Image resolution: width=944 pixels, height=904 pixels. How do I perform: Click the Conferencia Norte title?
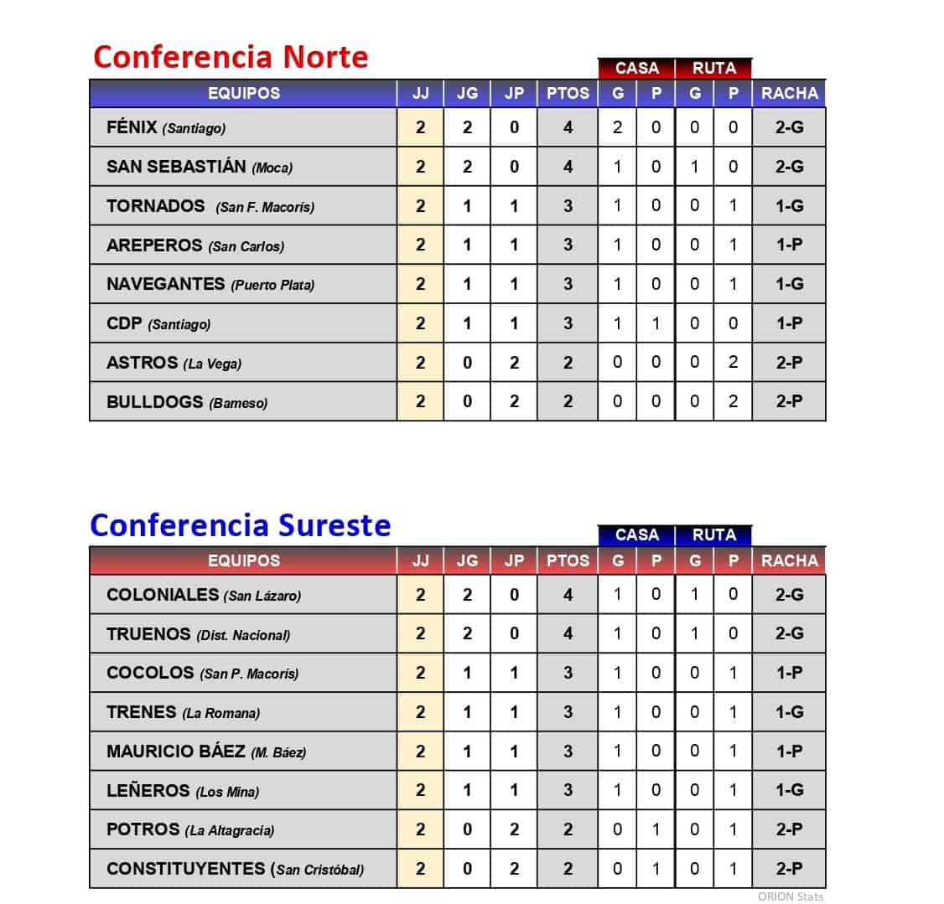231,57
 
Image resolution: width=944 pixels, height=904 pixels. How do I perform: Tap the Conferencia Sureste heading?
241,525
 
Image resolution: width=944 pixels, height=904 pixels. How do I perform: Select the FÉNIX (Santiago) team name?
166,127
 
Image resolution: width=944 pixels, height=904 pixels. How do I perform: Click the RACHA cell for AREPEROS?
789,245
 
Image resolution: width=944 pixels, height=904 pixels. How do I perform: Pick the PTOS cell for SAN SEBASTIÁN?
568,167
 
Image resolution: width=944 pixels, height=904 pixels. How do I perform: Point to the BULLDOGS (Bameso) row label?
187,402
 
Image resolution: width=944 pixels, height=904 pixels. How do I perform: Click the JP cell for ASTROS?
514,363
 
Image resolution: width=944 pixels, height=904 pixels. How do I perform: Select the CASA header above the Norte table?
636,68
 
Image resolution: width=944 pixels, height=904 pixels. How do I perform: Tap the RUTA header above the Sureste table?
713,535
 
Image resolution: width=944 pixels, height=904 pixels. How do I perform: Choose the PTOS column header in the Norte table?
568,93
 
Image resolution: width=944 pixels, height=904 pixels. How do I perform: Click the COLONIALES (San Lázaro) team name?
204,595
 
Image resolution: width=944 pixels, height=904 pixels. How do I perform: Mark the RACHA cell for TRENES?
789,712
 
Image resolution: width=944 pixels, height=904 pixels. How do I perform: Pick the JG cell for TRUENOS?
467,634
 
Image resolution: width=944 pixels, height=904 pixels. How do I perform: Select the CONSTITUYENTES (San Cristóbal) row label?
236,869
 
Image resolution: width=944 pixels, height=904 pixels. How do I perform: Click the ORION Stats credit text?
790,896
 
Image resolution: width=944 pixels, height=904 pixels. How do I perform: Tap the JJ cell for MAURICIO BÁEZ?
420,752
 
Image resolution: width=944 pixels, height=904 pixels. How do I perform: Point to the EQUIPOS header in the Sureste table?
243,560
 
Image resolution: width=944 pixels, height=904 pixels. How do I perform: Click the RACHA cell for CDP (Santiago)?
789,323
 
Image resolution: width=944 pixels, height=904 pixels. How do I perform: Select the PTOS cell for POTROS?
568,829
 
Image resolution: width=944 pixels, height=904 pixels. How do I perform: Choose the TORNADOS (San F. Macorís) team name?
210,206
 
